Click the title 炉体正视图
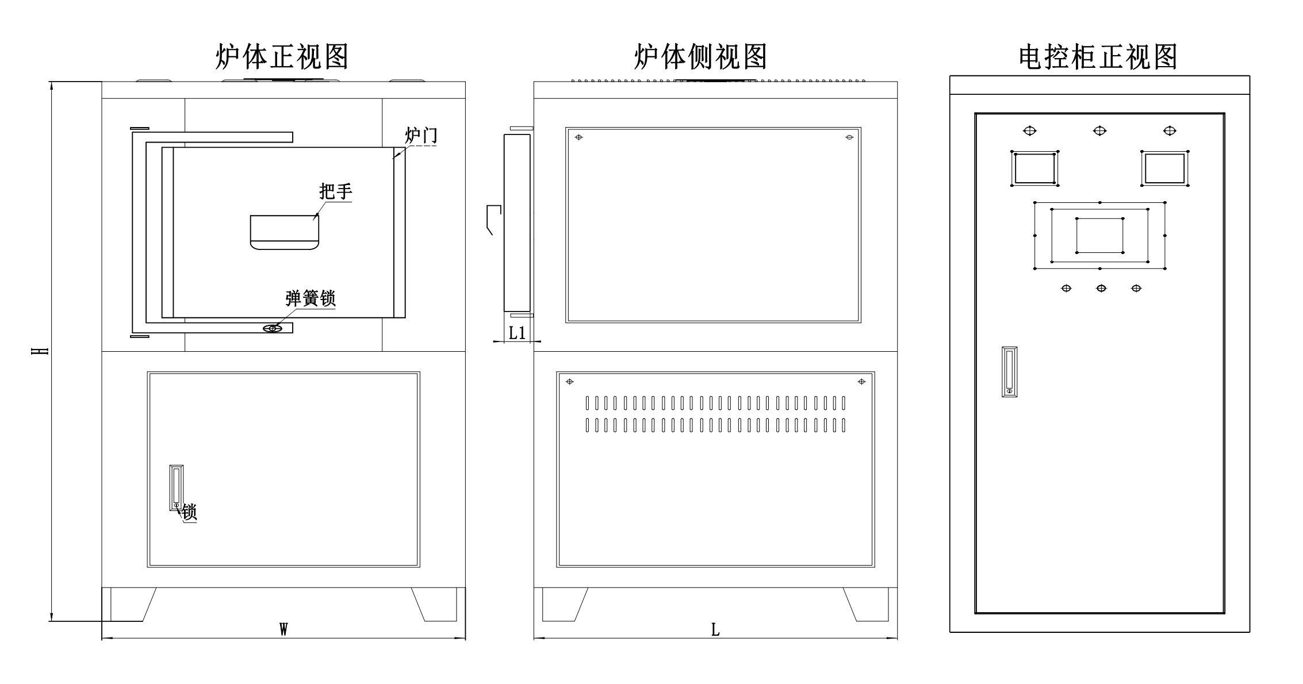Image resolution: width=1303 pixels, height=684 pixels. (282, 57)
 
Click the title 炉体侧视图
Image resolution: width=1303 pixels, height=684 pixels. (700, 57)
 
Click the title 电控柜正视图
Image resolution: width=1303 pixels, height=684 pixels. (1098, 57)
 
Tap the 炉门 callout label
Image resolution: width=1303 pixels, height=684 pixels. (421, 136)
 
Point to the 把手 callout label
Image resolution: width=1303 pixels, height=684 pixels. (335, 191)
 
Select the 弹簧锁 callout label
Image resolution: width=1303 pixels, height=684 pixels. (311, 298)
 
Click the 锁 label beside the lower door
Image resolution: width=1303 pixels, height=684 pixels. (189, 512)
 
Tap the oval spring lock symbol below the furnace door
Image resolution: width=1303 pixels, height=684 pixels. (273, 328)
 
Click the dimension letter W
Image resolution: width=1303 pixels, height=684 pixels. (283, 629)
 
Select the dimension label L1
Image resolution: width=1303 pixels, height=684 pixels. (518, 333)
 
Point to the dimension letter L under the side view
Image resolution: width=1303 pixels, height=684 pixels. (715, 630)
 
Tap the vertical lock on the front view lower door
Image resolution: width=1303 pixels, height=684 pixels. (176, 487)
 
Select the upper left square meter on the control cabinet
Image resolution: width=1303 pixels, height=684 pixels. (1034, 168)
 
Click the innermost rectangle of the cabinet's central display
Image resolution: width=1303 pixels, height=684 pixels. (1099, 235)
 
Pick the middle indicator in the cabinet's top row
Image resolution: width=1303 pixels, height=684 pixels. (1099, 131)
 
